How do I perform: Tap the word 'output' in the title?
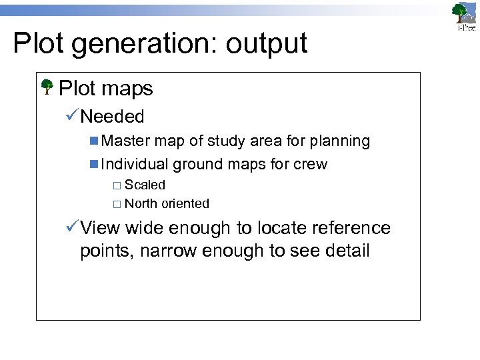pyautogui.click(x=266, y=44)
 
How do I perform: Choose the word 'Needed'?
pyautogui.click(x=112, y=117)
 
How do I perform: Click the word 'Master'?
pyautogui.click(x=126, y=141)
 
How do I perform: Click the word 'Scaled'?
pyautogui.click(x=145, y=185)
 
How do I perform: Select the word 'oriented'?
pyautogui.click(x=185, y=204)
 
